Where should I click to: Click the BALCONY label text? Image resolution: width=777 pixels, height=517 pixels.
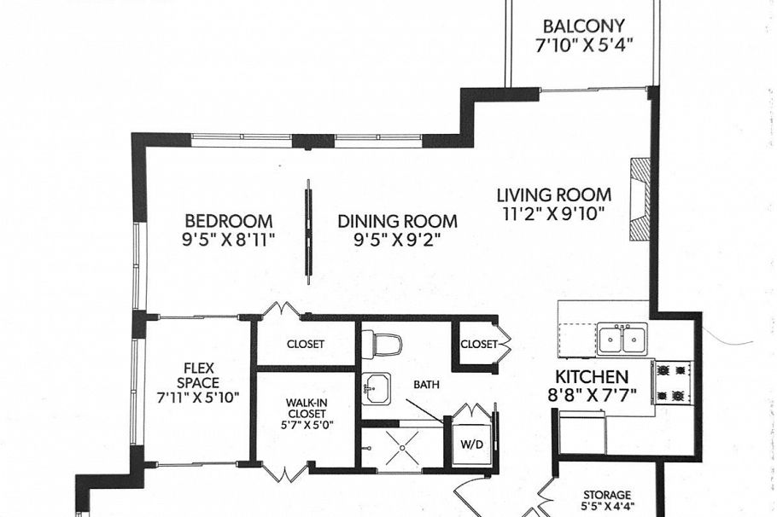584,26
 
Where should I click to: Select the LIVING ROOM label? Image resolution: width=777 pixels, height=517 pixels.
553,195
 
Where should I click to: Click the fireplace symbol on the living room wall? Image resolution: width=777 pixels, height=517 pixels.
638,201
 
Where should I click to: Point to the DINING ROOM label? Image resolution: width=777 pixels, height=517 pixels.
397,221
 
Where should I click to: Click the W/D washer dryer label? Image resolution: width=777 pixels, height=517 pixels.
471,444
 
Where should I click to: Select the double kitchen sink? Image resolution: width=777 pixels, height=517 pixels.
622,340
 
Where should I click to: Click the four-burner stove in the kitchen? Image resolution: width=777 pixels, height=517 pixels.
672,382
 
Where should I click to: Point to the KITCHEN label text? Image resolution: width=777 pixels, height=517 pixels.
592,376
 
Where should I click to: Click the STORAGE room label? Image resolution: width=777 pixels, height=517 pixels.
607,495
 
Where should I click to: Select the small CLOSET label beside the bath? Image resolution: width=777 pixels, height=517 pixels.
476,345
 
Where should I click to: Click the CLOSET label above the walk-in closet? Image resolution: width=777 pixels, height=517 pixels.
305,344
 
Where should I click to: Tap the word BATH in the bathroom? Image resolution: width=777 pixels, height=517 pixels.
427,385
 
